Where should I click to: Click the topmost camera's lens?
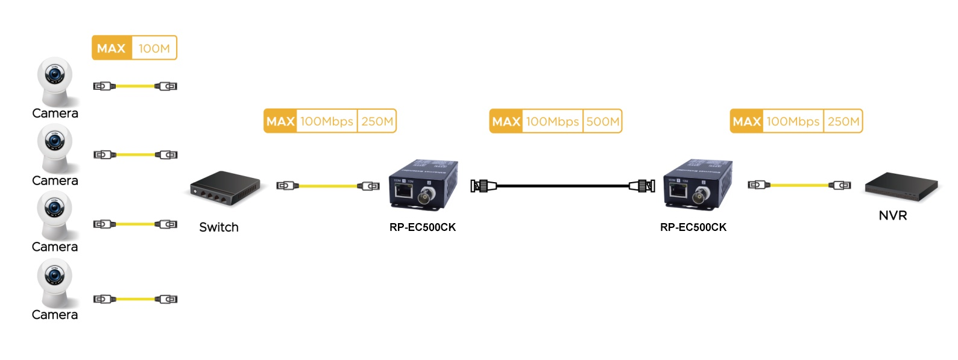[x=55, y=75]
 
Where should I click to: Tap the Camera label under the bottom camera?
[x=55, y=315]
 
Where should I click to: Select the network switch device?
[x=224, y=188]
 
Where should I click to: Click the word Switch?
[x=219, y=227]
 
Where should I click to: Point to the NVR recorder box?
[x=902, y=186]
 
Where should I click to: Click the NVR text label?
[x=893, y=215]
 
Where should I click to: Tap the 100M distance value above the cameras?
[x=154, y=48]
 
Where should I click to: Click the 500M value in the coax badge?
[x=602, y=121]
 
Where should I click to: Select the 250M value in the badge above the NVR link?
[x=843, y=121]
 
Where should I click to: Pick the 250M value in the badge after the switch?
[x=377, y=121]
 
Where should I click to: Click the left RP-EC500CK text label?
[x=423, y=227]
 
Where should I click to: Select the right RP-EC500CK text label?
[x=693, y=227]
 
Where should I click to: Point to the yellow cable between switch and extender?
[x=328, y=186]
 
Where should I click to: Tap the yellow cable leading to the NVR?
[x=799, y=185]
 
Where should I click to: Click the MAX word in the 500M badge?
[x=506, y=121]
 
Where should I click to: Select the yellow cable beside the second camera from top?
[x=135, y=155]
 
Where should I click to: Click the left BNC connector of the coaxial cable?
[x=482, y=186]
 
